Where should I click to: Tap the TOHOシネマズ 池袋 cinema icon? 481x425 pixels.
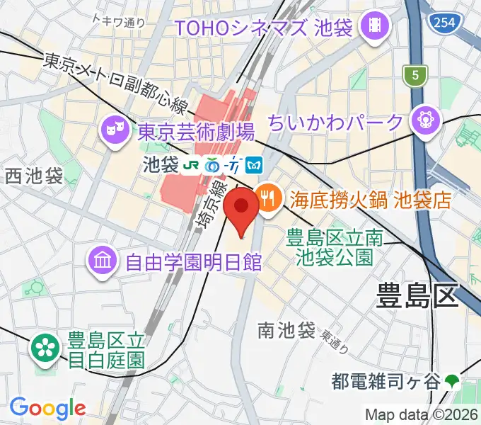[x=371, y=28]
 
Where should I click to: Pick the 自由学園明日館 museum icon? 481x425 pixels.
[x=103, y=263]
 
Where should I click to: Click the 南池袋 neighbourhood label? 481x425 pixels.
[x=286, y=329]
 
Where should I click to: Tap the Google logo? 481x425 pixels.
[x=47, y=407]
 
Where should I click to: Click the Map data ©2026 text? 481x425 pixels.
[x=422, y=414]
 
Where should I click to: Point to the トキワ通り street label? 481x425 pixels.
[x=120, y=23]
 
